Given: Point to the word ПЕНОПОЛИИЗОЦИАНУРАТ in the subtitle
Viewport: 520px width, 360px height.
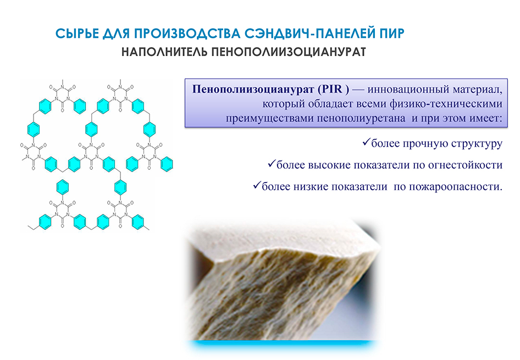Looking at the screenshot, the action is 289,52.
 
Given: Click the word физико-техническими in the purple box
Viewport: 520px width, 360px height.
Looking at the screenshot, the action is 446,104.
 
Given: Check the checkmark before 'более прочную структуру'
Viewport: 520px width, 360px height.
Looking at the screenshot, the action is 366,142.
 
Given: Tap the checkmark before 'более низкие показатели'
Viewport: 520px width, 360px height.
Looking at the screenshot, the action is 257,185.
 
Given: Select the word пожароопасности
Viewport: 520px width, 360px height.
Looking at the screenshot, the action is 456,187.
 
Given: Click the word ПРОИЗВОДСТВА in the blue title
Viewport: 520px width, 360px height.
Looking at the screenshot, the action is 187,34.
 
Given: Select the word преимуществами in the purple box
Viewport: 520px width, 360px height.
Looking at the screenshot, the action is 269,119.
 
